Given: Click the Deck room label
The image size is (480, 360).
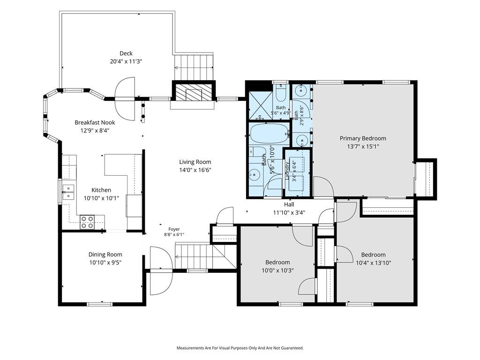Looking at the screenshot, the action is pos(126,53).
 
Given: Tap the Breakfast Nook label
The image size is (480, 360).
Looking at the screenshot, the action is pos(95,122).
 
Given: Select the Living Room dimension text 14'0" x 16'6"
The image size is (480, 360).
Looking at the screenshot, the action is pos(195,170).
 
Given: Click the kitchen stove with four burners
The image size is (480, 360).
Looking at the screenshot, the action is pos(87,222).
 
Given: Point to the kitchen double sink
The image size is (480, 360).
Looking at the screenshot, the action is pos(68,192).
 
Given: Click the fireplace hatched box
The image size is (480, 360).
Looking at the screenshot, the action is pos(194,92).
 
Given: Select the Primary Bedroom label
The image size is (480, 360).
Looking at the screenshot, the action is pos(363,138).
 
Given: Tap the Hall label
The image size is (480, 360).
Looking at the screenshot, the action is pos(289,204).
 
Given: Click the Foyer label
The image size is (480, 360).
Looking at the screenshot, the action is pos(174,229).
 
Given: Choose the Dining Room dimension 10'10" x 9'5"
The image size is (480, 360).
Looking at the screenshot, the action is pos(105,262).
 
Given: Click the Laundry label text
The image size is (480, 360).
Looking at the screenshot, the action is pos(287,171).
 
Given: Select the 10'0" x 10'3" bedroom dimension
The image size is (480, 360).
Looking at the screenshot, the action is pos(277,270).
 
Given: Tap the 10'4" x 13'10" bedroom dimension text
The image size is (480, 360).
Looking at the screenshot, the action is pos(374,262).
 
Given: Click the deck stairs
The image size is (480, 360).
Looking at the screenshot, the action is pos(194,67).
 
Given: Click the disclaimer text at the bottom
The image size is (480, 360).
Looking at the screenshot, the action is pos(240,348).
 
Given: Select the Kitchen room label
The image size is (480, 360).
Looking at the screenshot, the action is pos(101,190).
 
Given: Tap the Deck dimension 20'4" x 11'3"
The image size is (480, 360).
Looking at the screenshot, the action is pos(126,61).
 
